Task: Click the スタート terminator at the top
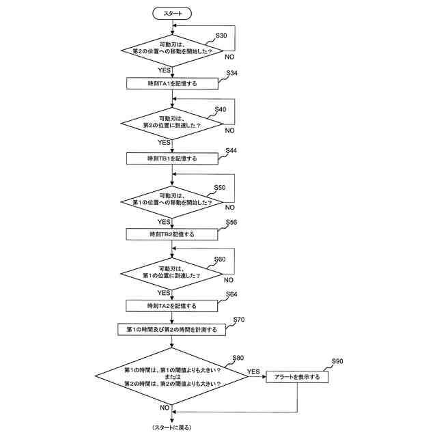(x=172, y=13)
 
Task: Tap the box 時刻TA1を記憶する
(x=172, y=83)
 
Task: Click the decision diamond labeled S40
(x=172, y=123)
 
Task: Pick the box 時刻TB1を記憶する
(x=172, y=158)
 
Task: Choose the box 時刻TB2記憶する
(x=172, y=234)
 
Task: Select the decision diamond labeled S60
(x=172, y=274)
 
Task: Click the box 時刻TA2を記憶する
(x=172, y=305)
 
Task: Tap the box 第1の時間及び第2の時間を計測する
(x=172, y=329)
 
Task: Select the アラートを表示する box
(x=297, y=376)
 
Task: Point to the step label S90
(x=337, y=360)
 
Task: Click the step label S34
(x=231, y=73)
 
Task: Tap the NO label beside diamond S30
(x=229, y=59)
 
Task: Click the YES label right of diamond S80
(x=254, y=371)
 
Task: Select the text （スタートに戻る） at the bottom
(x=172, y=427)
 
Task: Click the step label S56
(x=231, y=223)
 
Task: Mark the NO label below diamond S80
(x=165, y=407)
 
